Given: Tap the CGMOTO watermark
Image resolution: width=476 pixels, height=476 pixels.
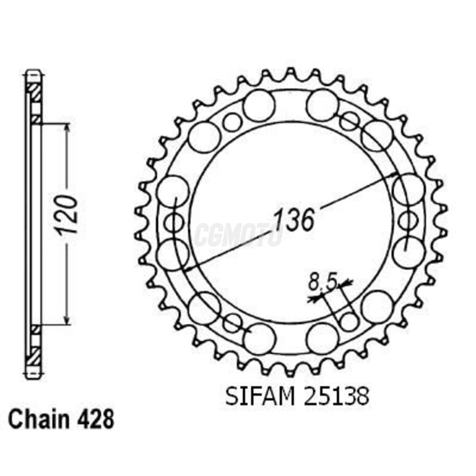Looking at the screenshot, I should coord(238,235).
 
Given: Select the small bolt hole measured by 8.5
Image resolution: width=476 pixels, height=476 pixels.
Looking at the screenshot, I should coord(349,321).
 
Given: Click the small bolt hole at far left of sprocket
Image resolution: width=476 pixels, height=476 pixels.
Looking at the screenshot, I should coord(174,223).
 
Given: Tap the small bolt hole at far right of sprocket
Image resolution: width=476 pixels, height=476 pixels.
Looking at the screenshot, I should coord(408,221).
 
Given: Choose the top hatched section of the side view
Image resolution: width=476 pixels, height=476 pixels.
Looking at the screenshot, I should coord(34,92).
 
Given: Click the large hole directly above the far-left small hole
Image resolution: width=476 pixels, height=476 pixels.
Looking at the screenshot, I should coord(173,191).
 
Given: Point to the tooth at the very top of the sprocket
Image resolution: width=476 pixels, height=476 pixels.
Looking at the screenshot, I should coord(291,73).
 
